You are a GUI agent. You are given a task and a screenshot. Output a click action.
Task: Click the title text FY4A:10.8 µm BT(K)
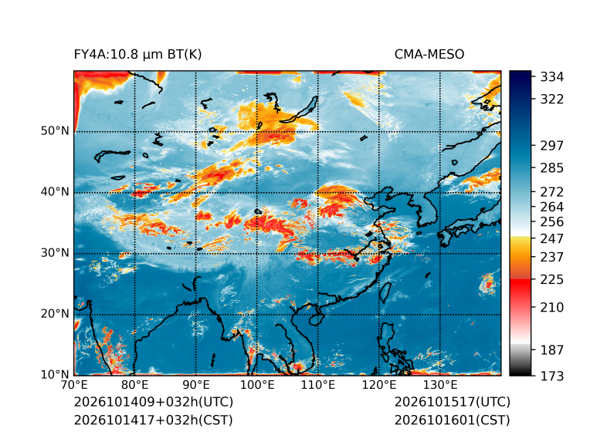137,55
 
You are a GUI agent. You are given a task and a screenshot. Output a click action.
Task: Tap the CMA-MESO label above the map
429,55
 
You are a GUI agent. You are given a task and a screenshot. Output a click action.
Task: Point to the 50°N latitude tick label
55,131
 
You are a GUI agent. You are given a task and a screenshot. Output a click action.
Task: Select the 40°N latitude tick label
55,192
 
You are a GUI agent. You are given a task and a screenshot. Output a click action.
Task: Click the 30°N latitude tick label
55,253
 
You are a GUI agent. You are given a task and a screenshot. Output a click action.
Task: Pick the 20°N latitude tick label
55,314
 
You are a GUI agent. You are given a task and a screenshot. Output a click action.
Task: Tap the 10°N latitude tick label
55,375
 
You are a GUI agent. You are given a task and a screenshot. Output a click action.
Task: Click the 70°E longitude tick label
74,385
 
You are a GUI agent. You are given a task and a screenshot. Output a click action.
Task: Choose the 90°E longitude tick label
196,385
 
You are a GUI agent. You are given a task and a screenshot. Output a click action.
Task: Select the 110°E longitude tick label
318,385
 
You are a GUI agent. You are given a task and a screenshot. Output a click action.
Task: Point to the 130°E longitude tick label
440,385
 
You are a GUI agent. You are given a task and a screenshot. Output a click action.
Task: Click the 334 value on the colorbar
552,77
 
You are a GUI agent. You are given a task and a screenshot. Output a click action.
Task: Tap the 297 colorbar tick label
552,146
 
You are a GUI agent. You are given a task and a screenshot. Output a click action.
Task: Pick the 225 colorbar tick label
552,280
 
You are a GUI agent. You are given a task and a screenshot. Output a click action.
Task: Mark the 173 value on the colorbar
552,376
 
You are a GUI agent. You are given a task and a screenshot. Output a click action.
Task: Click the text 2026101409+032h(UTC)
154,402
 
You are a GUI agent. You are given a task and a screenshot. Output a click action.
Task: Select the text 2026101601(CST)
453,420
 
